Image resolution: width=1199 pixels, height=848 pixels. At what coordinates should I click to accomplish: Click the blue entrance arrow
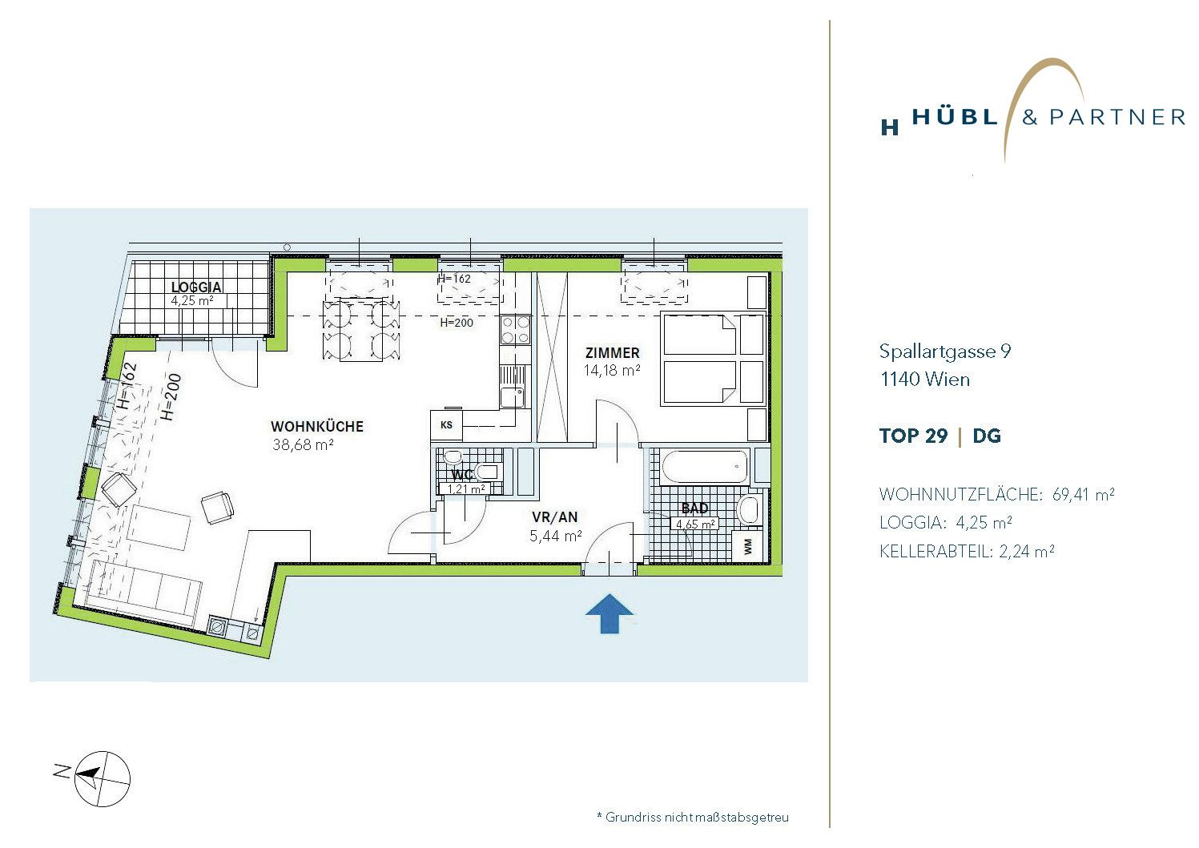tap(610, 613)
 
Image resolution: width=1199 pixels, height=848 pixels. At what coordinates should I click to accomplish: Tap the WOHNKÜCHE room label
tap(317, 427)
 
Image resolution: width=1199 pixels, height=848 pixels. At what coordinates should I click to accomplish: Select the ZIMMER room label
tap(613, 353)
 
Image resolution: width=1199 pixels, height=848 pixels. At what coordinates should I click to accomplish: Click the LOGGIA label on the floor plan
tap(196, 287)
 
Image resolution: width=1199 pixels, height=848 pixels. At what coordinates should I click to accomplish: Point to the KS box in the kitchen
tap(446, 425)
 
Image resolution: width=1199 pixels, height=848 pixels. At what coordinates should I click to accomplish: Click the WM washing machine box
tap(748, 546)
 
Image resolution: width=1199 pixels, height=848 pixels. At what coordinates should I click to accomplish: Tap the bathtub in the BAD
tap(704, 467)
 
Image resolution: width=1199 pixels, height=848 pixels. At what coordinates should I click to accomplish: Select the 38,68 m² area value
tap(303, 444)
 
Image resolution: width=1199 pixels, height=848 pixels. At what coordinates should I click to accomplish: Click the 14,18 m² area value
tap(612, 370)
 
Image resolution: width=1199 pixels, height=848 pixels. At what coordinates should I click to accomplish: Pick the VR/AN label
tap(555, 516)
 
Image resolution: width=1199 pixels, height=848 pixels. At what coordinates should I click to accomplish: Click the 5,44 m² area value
tap(556, 536)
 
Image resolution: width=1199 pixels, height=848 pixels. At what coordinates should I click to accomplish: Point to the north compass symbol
tap(102, 778)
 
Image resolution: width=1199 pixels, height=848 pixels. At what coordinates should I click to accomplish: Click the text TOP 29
tap(913, 436)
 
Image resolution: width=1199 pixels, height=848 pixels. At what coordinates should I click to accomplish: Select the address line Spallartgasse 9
tap(945, 352)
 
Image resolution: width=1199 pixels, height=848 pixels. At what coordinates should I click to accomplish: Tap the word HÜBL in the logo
tap(956, 116)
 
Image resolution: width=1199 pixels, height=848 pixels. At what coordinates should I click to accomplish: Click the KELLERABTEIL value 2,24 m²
tap(1027, 551)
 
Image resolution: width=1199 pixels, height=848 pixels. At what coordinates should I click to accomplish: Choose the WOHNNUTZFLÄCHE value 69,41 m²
tap(1084, 494)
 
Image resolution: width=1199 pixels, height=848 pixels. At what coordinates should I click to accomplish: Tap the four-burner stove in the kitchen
tap(516, 330)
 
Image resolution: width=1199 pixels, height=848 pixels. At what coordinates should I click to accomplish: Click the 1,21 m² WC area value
tap(466, 488)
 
